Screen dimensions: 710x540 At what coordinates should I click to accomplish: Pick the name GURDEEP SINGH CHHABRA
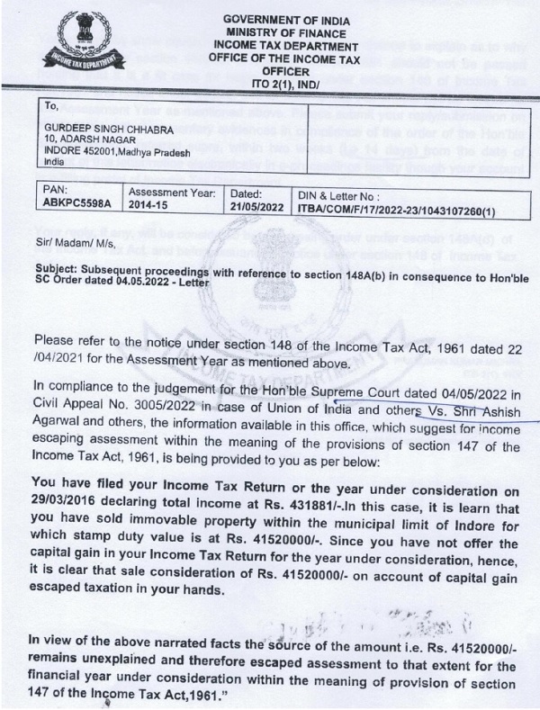pos(108,128)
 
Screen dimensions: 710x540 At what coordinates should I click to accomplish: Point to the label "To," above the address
pos(50,106)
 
